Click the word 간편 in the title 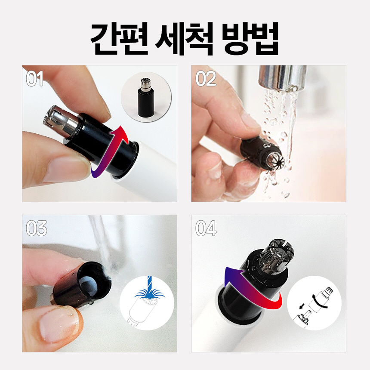pos(119,39)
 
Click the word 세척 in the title pos(185,39)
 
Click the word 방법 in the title pos(250,39)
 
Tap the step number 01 pos(35,79)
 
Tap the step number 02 pos(206,79)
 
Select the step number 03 pos(36,228)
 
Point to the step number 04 pos(206,228)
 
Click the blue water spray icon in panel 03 pos(149,291)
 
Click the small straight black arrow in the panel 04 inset pos(301,306)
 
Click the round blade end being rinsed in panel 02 pos(275,160)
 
